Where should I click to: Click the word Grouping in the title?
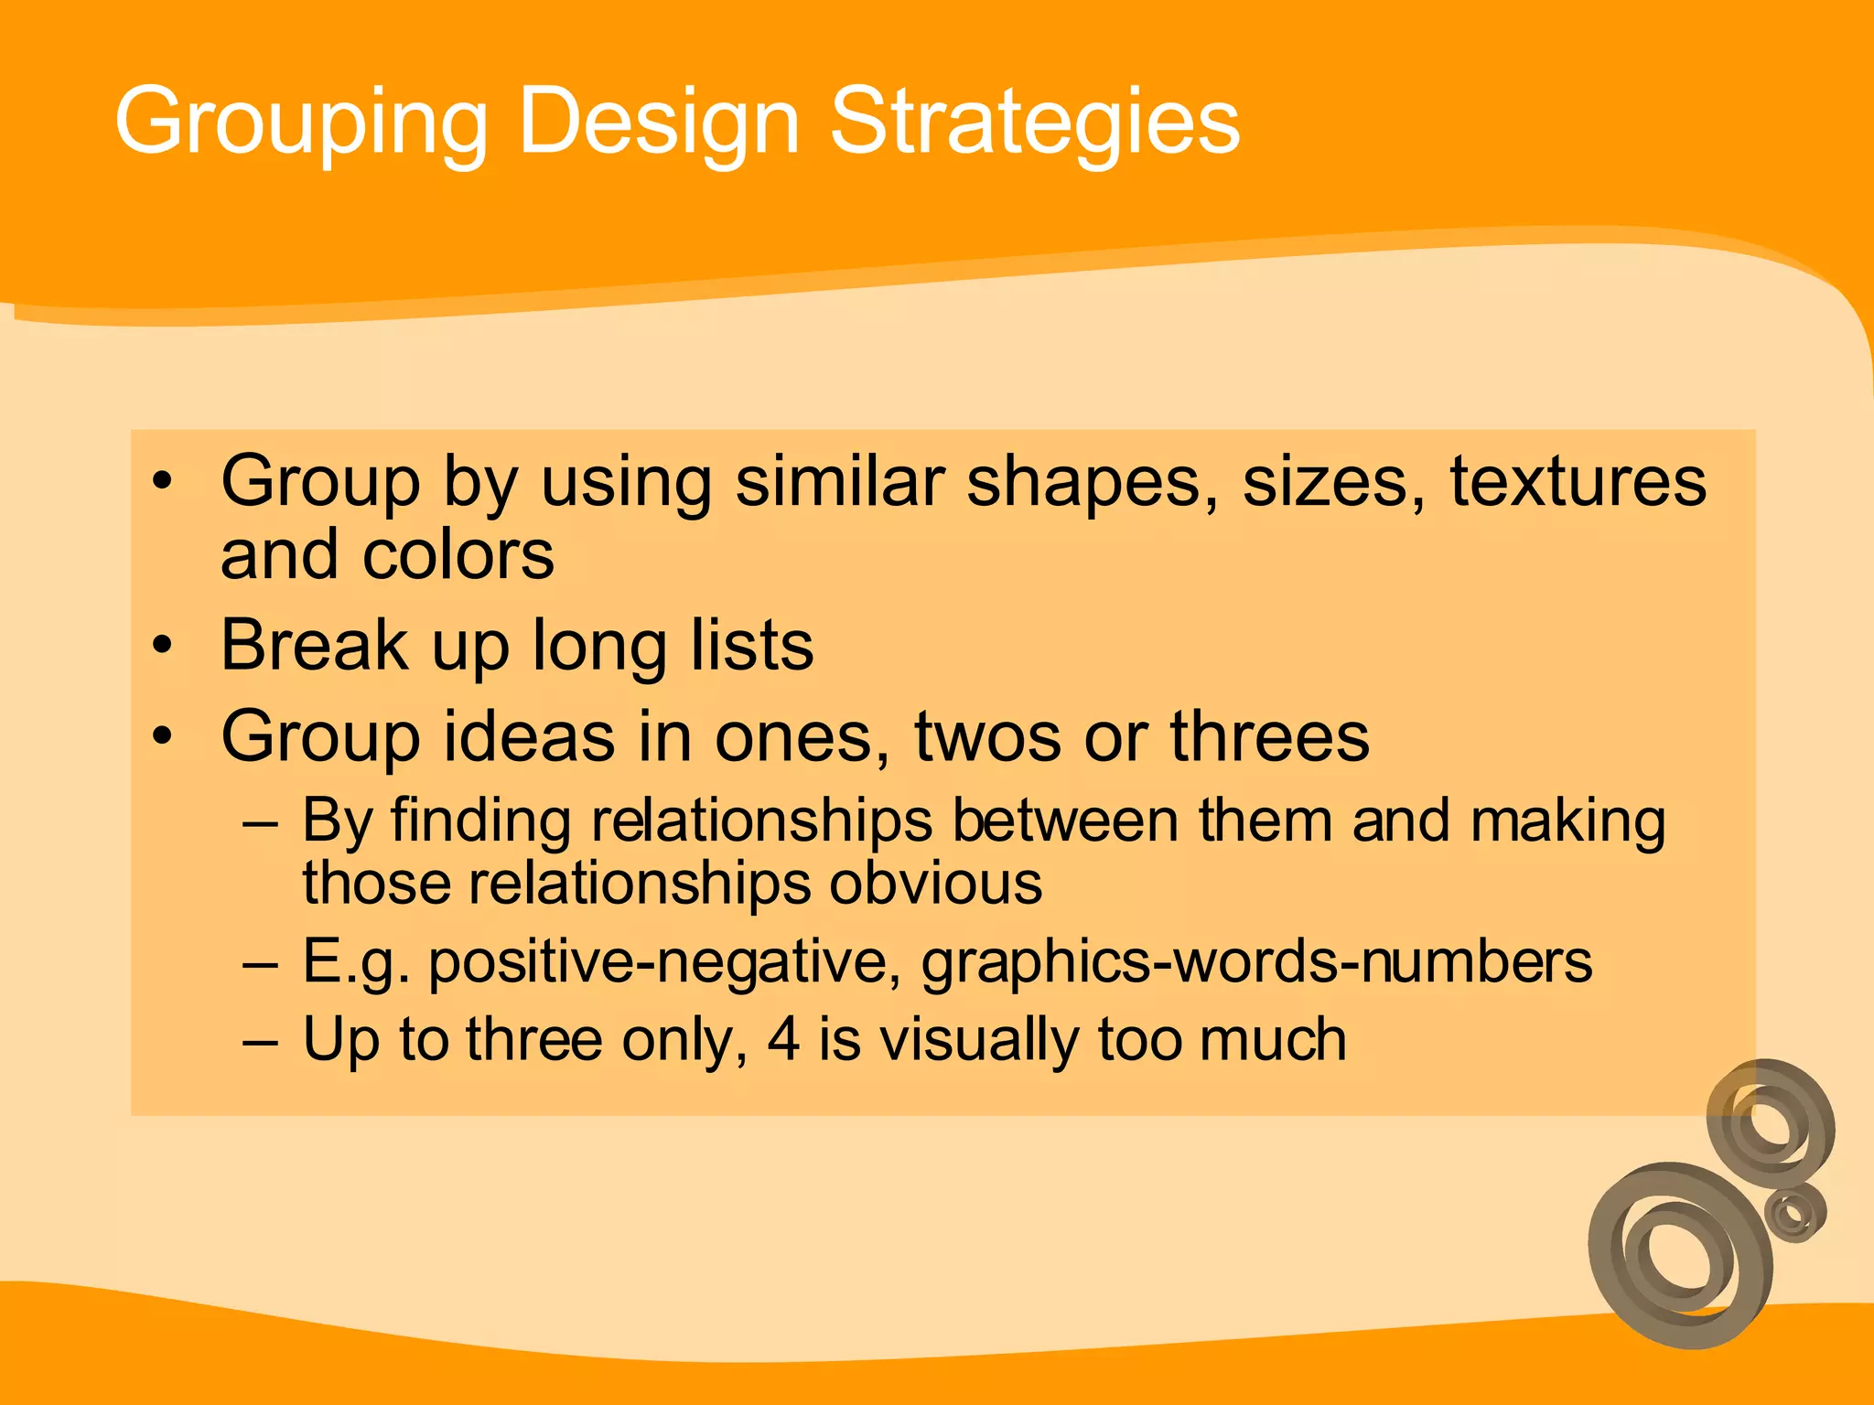click(301, 123)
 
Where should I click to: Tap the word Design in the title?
click(659, 123)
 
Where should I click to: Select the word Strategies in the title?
click(1035, 123)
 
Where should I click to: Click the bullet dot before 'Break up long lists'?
click(163, 645)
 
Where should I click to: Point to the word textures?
click(1578, 481)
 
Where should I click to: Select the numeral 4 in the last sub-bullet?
click(784, 1040)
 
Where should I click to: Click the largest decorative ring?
click(1679, 1255)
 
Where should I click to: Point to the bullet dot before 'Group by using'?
click(163, 481)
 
